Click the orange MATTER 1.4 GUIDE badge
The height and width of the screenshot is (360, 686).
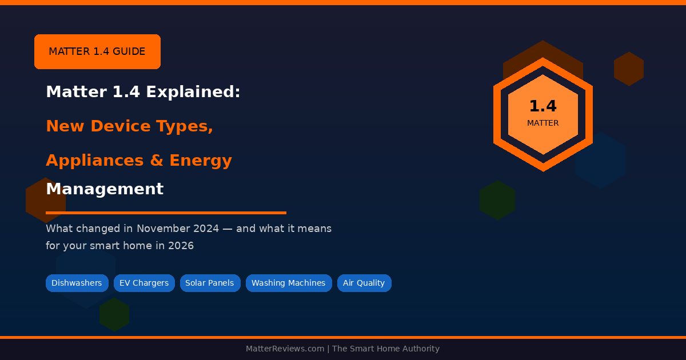pos(97,51)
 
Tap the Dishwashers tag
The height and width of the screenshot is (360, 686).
pos(77,283)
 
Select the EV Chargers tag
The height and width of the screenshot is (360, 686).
pos(144,283)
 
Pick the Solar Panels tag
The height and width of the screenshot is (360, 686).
pos(210,283)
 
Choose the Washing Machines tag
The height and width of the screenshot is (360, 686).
pos(289,283)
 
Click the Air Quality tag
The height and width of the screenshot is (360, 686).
pos(364,283)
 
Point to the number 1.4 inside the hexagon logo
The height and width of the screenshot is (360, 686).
pos(543,106)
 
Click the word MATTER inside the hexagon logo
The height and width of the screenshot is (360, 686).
pos(543,123)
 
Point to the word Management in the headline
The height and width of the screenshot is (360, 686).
pos(105,189)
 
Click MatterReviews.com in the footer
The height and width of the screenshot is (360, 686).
pos(285,349)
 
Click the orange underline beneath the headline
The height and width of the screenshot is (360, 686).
pos(166,213)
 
